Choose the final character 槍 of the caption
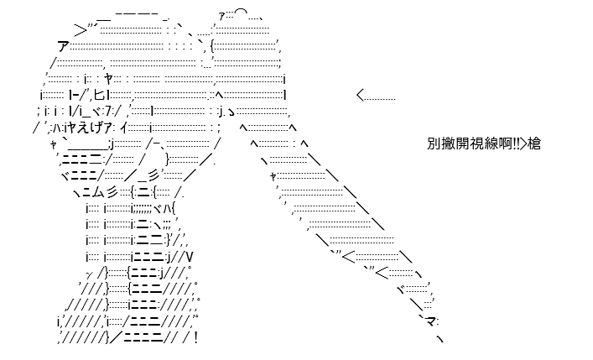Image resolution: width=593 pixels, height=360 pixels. click(534, 143)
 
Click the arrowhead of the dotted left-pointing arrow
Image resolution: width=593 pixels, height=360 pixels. click(360, 96)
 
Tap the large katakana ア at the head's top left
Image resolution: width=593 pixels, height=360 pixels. click(64, 46)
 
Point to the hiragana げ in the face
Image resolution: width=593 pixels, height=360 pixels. click(97, 128)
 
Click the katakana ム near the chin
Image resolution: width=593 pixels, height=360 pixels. click(96, 193)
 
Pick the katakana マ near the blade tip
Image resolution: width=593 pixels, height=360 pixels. click(430, 322)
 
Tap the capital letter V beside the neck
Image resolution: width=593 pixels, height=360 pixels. click(189, 258)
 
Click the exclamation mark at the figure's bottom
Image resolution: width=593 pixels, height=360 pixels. click(195, 337)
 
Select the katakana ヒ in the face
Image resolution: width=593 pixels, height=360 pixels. click(99, 95)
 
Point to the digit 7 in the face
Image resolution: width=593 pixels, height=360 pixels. click(108, 112)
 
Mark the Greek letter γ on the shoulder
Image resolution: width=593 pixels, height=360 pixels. click(90, 274)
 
